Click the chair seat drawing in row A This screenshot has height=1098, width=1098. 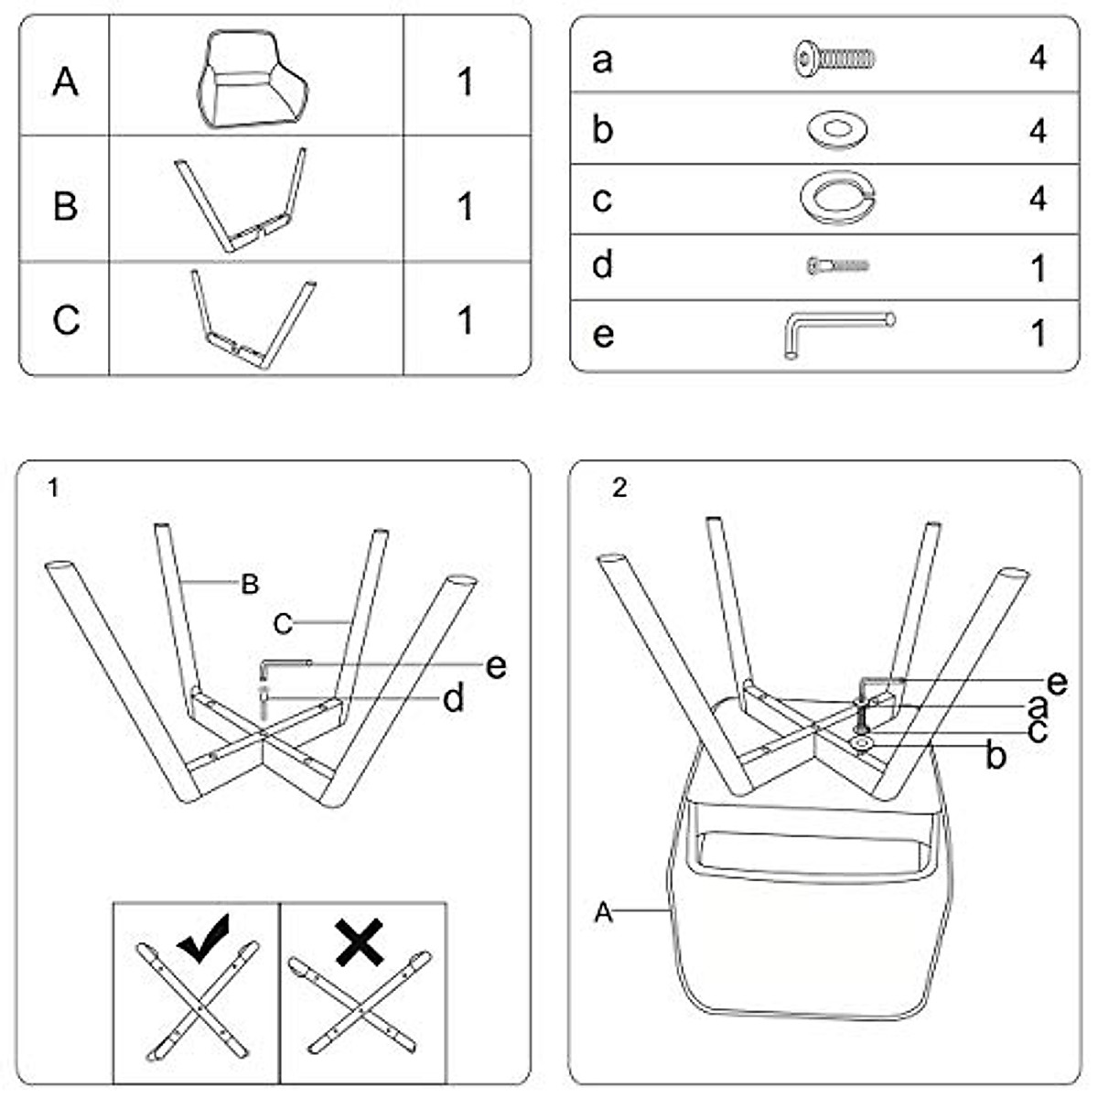point(253,80)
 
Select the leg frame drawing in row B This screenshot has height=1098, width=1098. point(241,200)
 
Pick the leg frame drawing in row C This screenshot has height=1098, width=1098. point(253,319)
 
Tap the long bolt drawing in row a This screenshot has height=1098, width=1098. point(835,59)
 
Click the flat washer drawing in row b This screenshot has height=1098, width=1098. point(837,130)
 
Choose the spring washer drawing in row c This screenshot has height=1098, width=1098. point(837,198)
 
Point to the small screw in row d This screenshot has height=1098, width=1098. point(837,265)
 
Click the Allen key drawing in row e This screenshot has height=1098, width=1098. point(837,335)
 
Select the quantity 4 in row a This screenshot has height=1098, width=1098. point(1038,59)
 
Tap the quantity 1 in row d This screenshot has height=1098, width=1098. point(1039,269)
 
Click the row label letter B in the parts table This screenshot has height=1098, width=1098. point(65,206)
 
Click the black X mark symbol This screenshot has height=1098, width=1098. point(360,942)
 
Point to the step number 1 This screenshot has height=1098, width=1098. point(54,488)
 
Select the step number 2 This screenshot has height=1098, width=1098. point(619,488)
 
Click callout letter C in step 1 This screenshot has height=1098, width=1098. point(283,624)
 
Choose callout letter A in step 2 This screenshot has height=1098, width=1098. point(604,912)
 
